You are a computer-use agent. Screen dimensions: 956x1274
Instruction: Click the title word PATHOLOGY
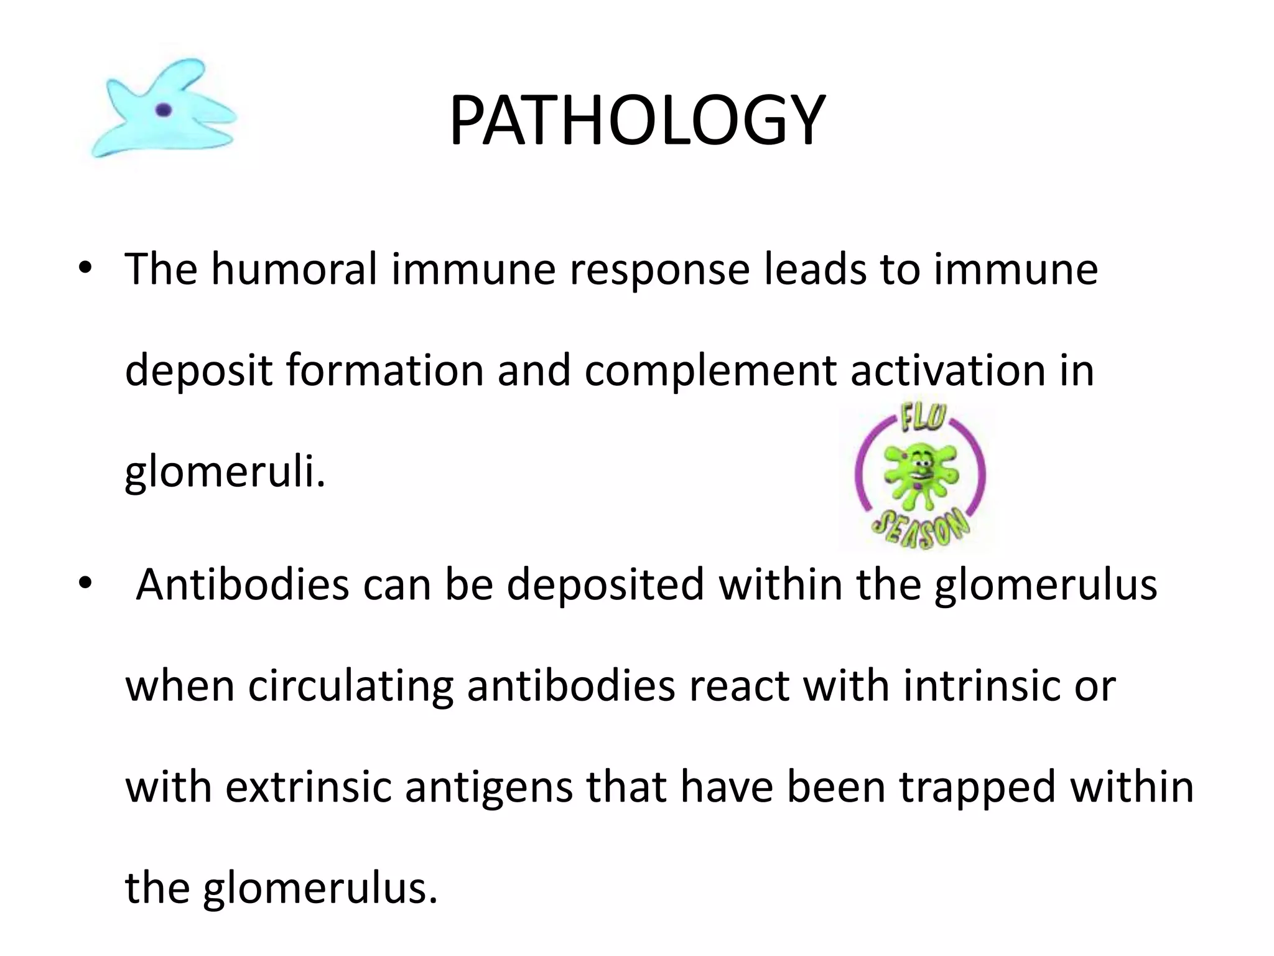click(x=637, y=120)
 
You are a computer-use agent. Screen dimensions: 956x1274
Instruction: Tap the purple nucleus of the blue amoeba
click(x=164, y=110)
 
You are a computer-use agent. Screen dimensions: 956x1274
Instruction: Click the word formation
click(x=384, y=370)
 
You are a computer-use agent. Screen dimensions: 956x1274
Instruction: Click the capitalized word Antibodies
click(x=243, y=585)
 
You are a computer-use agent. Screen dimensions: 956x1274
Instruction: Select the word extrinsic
click(x=308, y=787)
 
